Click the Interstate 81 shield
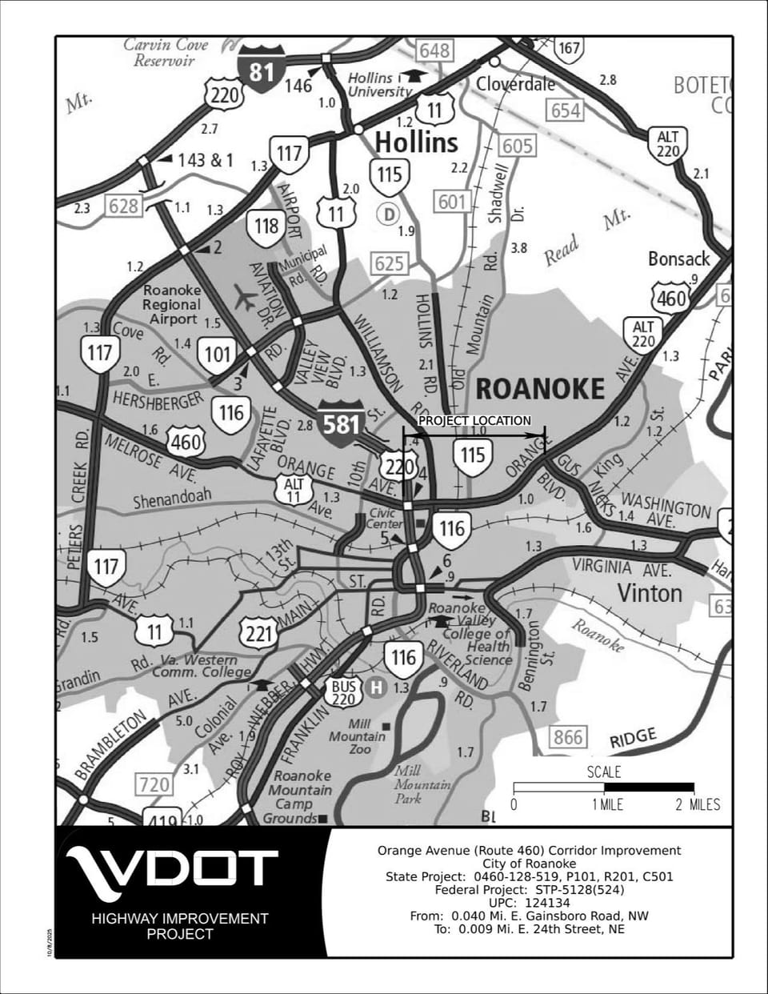[262, 72]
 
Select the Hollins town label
[416, 142]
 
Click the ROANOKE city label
[540, 389]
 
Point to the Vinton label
[650, 593]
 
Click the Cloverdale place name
[515, 84]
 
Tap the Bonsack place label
[678, 259]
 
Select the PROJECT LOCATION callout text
[474, 420]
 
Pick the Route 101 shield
[218, 355]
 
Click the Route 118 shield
[266, 226]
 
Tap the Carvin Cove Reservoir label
[165, 53]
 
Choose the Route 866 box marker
[567, 736]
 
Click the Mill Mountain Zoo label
[358, 736]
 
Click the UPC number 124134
[548, 903]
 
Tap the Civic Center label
[384, 519]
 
